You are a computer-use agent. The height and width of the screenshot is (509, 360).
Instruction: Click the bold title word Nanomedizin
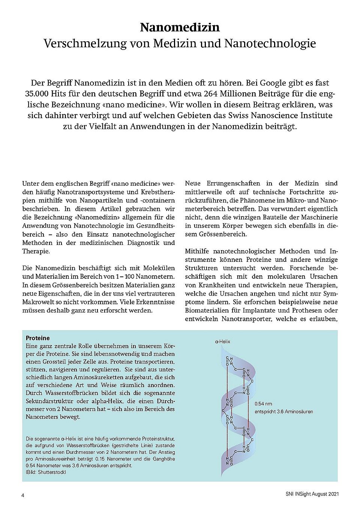point(180,27)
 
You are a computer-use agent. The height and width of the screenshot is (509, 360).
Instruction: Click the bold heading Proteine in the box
point(38,338)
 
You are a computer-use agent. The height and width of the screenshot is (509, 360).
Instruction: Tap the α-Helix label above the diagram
point(223,342)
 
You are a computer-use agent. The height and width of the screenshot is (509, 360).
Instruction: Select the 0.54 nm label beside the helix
point(263,404)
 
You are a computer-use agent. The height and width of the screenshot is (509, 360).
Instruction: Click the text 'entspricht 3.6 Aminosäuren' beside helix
point(283,411)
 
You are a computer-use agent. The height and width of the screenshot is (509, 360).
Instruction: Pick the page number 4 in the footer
point(23,495)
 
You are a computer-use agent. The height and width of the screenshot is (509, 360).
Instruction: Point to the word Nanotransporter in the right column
point(246,319)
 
